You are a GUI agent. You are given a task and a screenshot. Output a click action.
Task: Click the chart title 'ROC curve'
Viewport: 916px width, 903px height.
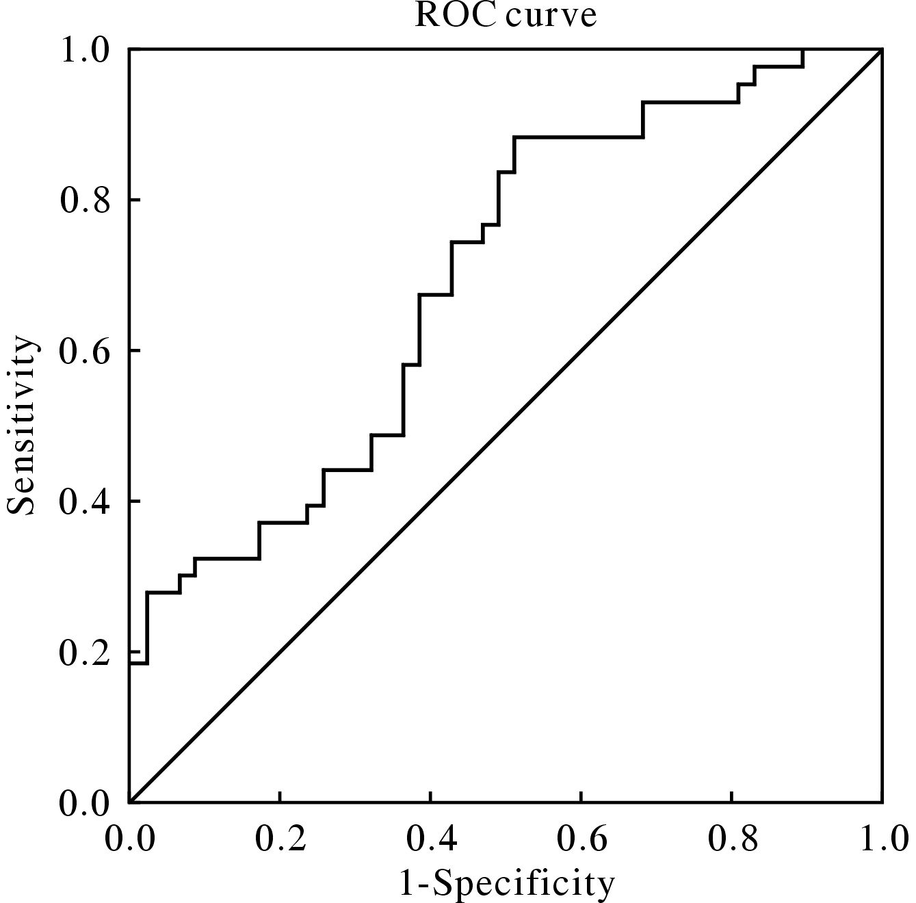point(506,15)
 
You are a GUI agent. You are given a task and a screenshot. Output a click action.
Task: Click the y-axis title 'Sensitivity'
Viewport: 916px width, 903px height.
point(21,425)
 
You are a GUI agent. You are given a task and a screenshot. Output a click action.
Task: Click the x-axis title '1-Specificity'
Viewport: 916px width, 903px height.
point(506,883)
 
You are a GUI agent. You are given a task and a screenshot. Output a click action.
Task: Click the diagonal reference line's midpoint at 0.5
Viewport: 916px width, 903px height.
point(506,426)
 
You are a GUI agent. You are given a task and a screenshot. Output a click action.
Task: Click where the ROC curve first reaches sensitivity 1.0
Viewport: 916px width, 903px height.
point(802,49)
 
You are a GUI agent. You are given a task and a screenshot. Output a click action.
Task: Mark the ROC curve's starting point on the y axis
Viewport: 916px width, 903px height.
point(129,663)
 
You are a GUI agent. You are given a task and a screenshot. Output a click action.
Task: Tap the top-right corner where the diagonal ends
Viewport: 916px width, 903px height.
point(882,49)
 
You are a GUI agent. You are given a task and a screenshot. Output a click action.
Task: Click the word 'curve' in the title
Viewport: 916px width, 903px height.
point(551,15)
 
